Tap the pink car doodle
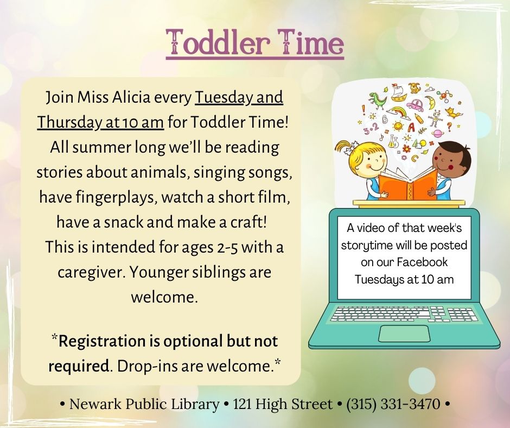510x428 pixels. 415,105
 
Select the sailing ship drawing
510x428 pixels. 399,93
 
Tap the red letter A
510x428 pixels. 411,127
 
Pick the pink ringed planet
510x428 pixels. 438,134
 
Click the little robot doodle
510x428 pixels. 435,118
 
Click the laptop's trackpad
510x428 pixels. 404,333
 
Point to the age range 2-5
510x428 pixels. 226,247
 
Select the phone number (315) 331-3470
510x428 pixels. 393,404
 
